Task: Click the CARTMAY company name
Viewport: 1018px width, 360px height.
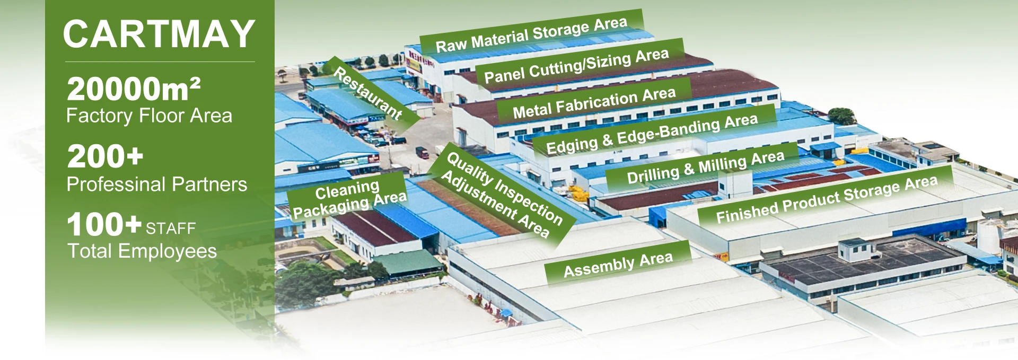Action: pyautogui.click(x=159, y=34)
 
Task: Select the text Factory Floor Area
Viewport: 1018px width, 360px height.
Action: pyautogui.click(x=149, y=116)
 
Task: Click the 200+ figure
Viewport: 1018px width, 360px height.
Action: pyautogui.click(x=105, y=157)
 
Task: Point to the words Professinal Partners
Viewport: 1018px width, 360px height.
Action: pyautogui.click(x=156, y=185)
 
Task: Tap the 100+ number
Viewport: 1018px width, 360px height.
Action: pyautogui.click(x=104, y=224)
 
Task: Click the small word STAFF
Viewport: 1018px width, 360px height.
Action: pyautogui.click(x=171, y=229)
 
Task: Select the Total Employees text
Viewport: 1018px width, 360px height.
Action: pyautogui.click(x=142, y=251)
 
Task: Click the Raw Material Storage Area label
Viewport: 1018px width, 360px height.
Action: pyautogui.click(x=531, y=34)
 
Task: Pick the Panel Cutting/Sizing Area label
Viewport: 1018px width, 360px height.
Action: pyautogui.click(x=576, y=66)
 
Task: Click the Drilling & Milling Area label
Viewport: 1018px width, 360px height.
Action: pyautogui.click(x=705, y=166)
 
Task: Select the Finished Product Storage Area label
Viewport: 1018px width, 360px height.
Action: pyautogui.click(x=827, y=199)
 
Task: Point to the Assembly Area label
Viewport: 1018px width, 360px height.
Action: pyautogui.click(x=618, y=264)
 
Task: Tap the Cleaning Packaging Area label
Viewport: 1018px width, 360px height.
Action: pyautogui.click(x=348, y=198)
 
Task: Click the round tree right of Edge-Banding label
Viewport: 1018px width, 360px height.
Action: pyautogui.click(x=841, y=116)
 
